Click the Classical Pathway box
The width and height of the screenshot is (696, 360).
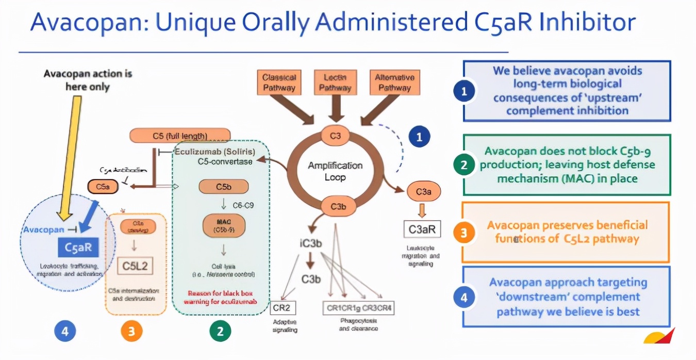(279, 83)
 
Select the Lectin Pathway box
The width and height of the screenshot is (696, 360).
(334, 83)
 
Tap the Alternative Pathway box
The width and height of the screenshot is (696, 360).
(394, 83)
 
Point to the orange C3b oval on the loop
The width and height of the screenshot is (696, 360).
(338, 206)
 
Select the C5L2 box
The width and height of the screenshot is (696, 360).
(135, 266)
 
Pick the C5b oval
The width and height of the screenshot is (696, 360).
(223, 187)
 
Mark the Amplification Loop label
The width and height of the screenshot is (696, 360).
(335, 171)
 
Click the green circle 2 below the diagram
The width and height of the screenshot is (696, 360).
(220, 331)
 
